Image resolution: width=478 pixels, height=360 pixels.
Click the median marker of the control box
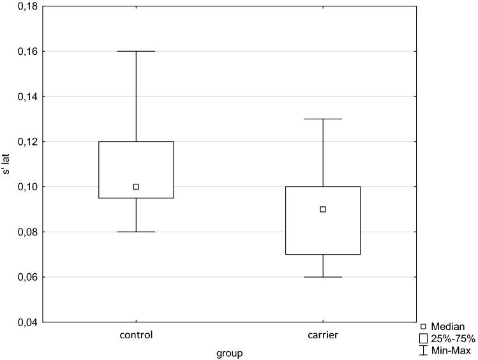tap(136, 186)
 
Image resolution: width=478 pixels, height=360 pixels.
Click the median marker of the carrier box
tap(323, 209)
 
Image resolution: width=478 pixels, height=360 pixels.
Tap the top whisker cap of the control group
tap(136, 51)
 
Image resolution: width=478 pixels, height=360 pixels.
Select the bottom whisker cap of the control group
tap(136, 232)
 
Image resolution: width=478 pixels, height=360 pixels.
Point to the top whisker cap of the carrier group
tap(323, 119)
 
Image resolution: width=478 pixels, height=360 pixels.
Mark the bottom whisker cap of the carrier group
tap(323, 277)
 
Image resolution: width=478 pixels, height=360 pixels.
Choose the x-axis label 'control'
tap(136, 334)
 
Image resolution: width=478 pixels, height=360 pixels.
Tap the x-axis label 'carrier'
tap(323, 334)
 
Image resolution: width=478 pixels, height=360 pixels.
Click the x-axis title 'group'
tap(230, 352)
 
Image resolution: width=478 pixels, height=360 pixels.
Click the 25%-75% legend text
tap(452, 338)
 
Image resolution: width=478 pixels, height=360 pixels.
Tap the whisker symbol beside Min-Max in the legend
tap(423, 350)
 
